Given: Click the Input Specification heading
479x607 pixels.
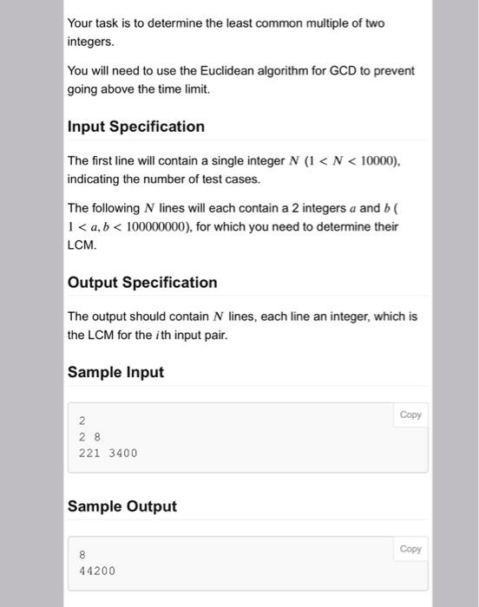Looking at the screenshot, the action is (x=136, y=127).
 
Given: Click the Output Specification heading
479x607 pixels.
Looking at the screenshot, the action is (x=142, y=283).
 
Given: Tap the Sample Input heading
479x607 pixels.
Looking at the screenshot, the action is (x=115, y=373).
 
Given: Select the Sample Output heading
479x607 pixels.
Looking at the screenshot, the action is (x=121, y=506).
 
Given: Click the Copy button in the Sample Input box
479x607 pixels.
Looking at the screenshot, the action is (x=410, y=414).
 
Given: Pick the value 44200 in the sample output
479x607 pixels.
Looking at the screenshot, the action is (x=96, y=571).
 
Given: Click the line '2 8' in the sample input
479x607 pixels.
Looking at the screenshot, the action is (x=89, y=437).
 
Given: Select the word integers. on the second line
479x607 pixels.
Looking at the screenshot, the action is (x=90, y=41).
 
